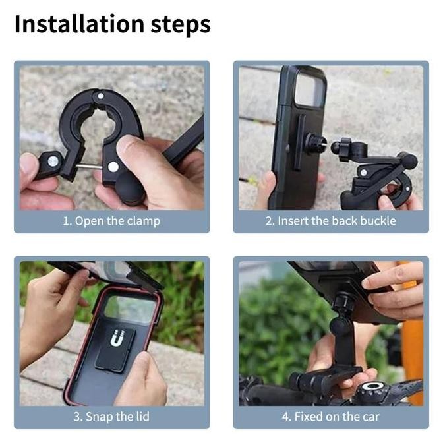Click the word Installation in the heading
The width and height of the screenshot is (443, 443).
click(79, 24)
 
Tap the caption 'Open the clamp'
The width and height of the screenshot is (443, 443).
click(117, 221)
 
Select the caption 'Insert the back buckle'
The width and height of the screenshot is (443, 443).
click(336, 221)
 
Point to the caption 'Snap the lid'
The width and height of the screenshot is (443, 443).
click(117, 417)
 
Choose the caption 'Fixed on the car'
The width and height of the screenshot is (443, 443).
click(336, 417)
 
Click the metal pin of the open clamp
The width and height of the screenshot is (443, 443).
click(89, 167)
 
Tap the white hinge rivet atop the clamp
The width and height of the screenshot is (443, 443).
click(100, 96)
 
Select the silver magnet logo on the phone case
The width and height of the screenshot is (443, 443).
click(117, 338)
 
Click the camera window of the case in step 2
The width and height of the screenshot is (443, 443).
click(310, 90)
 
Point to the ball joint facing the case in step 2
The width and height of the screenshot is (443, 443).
click(336, 146)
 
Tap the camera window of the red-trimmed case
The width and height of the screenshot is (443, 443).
click(130, 309)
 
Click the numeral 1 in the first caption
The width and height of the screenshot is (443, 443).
click(65, 221)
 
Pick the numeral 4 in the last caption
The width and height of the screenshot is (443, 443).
click(285, 417)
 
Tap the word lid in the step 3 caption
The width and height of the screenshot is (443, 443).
click(144, 417)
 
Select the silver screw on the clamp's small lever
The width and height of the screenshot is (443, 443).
click(53, 162)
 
